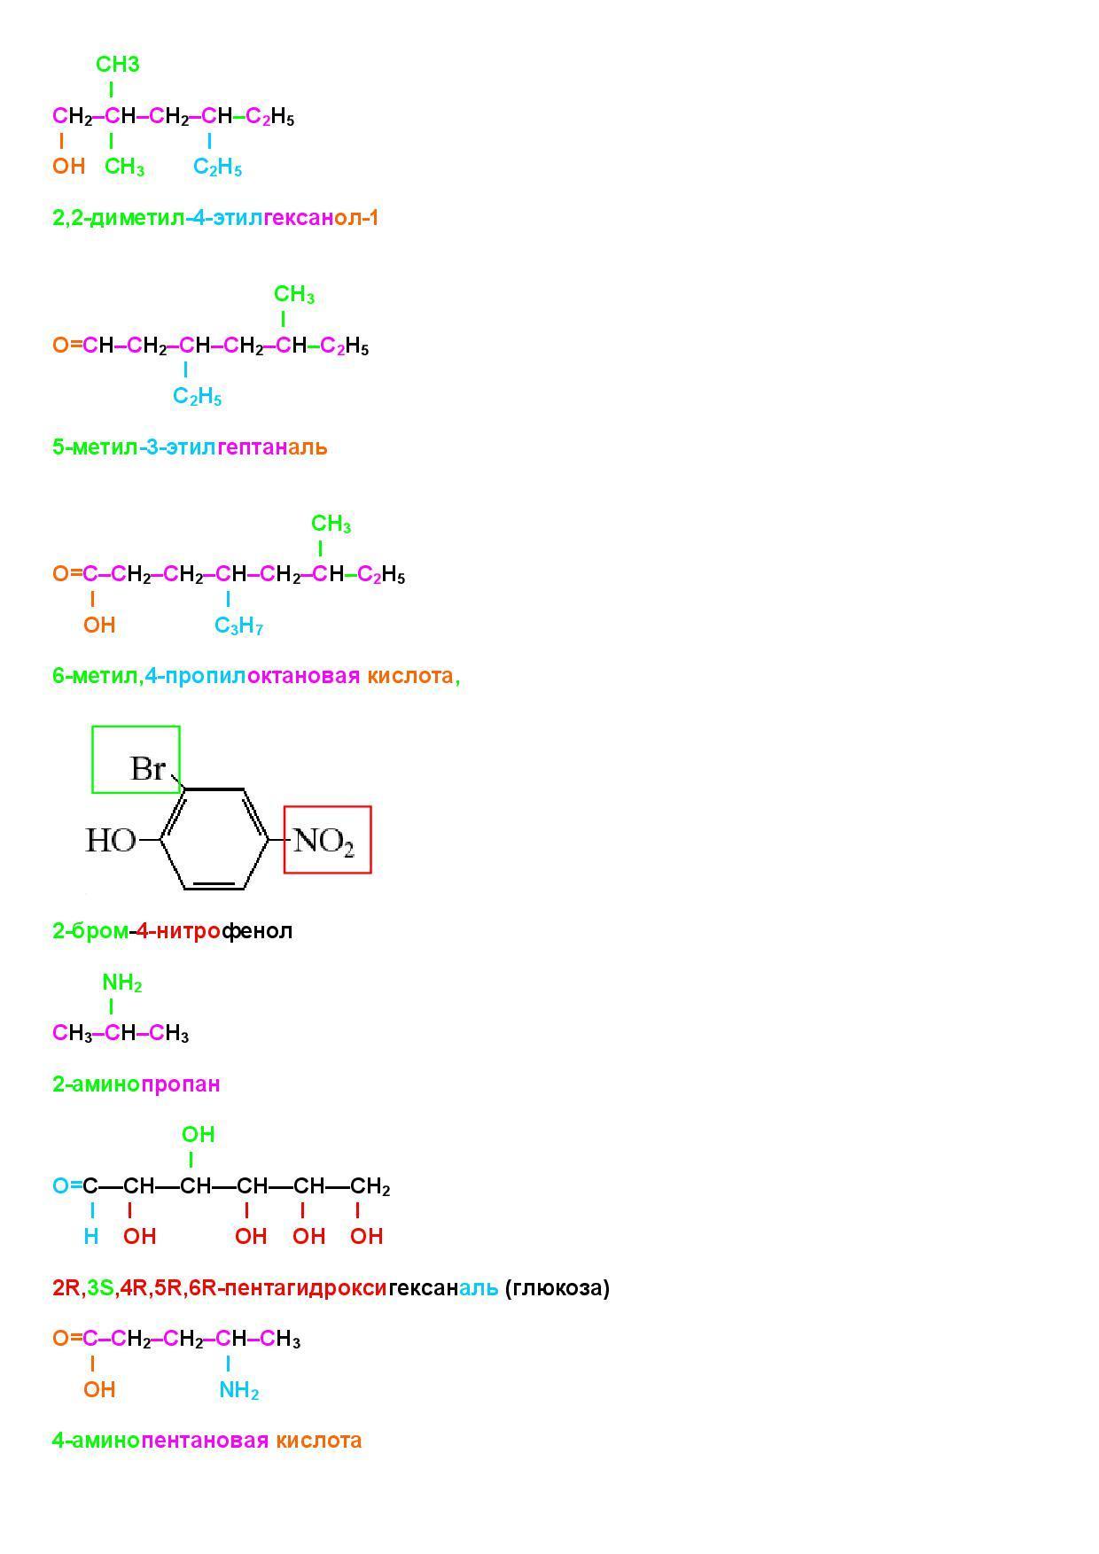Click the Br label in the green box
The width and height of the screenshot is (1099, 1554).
pos(147,768)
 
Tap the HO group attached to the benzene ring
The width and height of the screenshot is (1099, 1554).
pos(110,840)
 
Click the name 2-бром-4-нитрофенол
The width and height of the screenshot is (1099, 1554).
pos(172,931)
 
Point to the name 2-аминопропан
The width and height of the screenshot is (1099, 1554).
pos(136,1084)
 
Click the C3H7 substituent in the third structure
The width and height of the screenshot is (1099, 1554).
pos(238,626)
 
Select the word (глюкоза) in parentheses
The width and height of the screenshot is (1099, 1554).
pos(557,1287)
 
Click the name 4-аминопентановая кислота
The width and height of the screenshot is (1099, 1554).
pos(207,1441)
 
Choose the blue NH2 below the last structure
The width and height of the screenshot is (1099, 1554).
pos(238,1390)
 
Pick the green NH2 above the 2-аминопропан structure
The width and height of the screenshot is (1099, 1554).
pos(121,983)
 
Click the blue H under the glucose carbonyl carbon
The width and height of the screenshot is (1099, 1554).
pos(90,1236)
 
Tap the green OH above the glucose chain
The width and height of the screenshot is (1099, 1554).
pos(198,1134)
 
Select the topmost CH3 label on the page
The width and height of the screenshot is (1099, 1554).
pos(117,65)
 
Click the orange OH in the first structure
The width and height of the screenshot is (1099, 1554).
pos(68,166)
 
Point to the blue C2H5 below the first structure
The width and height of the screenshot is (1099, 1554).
pos(217,167)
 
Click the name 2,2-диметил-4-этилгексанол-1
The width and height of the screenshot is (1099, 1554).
pos(215,218)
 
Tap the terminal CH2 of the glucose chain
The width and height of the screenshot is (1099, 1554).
pos(370,1186)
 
